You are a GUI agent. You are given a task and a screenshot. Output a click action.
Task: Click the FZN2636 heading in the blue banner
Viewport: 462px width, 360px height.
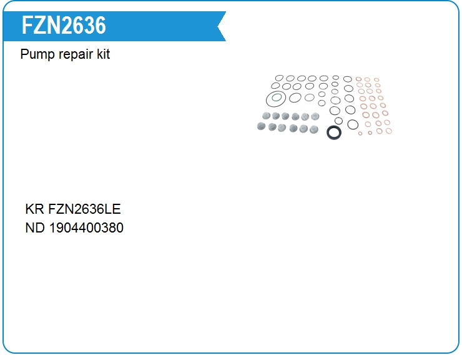pos(64,26)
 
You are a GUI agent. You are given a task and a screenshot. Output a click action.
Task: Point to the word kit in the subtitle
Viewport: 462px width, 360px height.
pos(104,54)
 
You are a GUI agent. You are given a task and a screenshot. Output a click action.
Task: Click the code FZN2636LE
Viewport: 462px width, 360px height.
pos(84,209)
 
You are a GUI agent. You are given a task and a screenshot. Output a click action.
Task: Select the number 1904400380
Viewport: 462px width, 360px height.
pos(86,227)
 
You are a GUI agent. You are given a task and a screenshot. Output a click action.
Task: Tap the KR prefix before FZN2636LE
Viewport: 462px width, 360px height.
pos(35,209)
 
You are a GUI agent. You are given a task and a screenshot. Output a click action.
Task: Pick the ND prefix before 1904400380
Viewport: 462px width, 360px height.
pos(35,227)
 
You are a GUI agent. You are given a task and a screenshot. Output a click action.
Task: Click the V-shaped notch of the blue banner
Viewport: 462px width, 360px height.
pos(218,26)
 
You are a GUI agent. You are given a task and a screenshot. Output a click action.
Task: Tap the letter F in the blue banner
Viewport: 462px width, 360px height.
pos(27,26)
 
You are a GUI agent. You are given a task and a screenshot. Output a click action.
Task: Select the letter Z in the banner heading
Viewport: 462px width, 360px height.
pos(39,26)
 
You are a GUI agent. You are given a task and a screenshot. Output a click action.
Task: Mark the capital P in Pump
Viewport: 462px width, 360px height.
pos(24,54)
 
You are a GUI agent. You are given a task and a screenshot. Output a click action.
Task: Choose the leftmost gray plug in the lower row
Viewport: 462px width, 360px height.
pos(262,126)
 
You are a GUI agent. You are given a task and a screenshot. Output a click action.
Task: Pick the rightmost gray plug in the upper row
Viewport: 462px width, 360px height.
pos(315,116)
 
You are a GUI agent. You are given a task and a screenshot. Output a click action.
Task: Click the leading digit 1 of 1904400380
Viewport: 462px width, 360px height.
pos(52,227)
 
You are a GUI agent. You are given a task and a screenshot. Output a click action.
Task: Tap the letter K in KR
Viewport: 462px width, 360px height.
pos(30,209)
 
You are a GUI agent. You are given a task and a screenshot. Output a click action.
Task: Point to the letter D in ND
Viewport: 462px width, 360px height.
pos(41,227)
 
